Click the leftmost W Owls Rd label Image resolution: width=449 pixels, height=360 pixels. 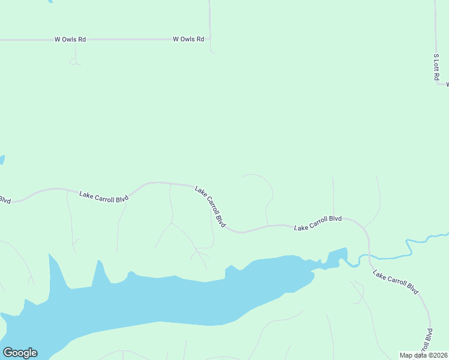click(x=70, y=40)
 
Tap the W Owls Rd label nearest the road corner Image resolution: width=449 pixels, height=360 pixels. click(x=188, y=40)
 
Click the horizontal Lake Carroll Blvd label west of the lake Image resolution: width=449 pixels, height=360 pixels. click(x=104, y=196)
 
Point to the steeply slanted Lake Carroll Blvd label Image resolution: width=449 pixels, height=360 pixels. click(x=209, y=206)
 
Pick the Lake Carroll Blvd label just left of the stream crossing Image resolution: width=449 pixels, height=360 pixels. click(x=318, y=223)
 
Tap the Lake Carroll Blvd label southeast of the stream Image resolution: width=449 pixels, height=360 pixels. click(x=395, y=282)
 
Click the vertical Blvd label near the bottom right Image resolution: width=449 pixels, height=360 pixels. click(x=429, y=340)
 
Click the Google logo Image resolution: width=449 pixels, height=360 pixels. click(x=20, y=353)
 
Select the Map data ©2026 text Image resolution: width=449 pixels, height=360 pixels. click(x=423, y=355)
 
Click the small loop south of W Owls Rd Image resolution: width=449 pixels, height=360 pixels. click(x=74, y=61)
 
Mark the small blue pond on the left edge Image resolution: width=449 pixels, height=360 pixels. click(x=2, y=160)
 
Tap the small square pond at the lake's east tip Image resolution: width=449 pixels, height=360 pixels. click(x=337, y=257)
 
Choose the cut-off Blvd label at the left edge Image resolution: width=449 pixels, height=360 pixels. click(x=5, y=200)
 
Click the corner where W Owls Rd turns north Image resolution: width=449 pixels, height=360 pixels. click(x=210, y=40)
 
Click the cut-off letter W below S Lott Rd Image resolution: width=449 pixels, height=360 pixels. click(x=447, y=85)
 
